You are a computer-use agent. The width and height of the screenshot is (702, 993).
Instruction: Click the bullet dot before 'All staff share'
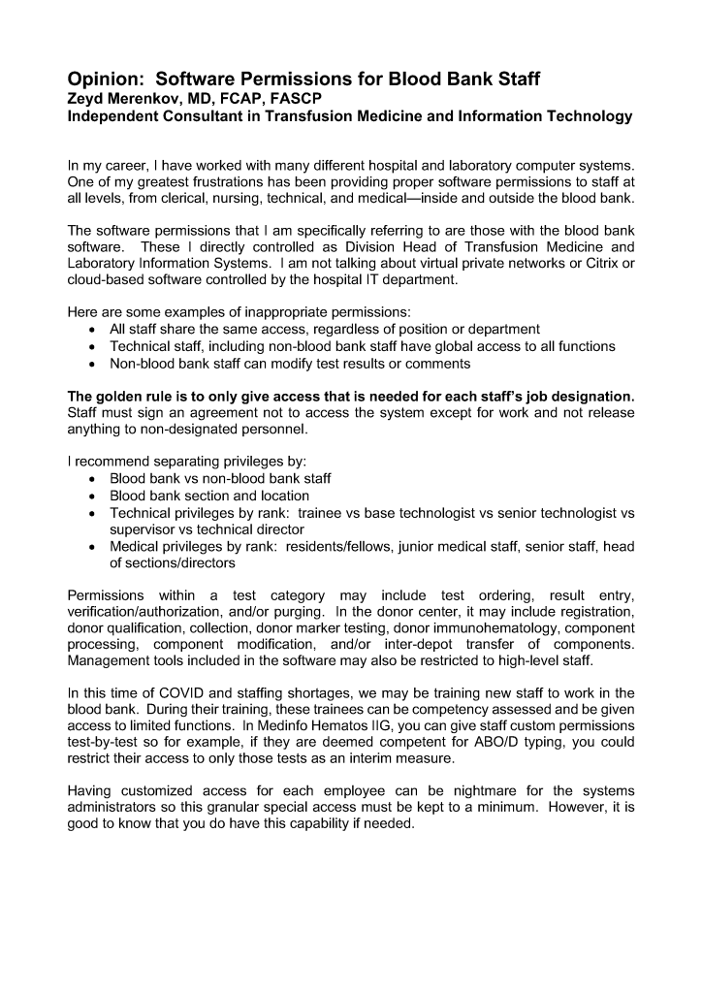pos(91,330)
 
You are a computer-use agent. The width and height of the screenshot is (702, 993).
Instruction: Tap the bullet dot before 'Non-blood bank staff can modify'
pos(91,364)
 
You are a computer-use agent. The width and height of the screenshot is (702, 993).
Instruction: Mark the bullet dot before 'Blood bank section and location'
pos(91,496)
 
